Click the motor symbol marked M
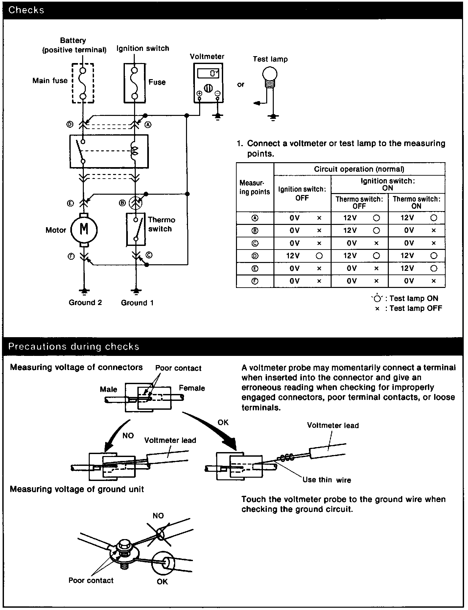(x=84, y=229)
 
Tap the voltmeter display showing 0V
(x=209, y=73)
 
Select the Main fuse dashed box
(x=83, y=83)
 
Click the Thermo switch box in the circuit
(x=136, y=229)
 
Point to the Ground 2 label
(x=85, y=302)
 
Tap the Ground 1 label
(x=137, y=303)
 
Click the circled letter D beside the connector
(x=70, y=124)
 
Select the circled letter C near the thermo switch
(x=149, y=255)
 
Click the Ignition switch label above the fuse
(x=143, y=48)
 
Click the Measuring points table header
(x=255, y=187)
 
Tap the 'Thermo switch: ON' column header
(x=416, y=202)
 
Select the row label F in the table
(x=255, y=281)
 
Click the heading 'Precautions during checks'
(x=74, y=347)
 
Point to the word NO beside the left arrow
(x=128, y=435)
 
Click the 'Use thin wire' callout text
(x=326, y=480)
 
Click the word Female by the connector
(x=192, y=388)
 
